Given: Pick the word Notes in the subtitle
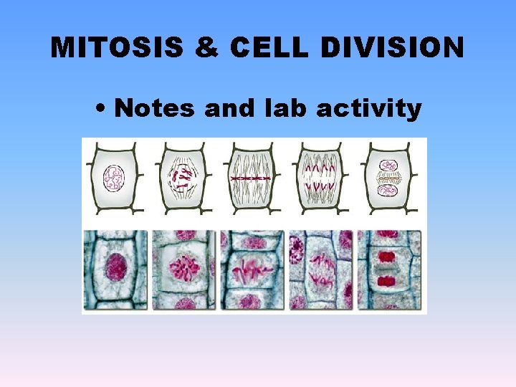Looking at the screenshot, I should pyautogui.click(x=156, y=108).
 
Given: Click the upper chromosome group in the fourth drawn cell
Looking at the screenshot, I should pyautogui.click(x=320, y=167).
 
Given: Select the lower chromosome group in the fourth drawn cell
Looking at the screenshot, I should pyautogui.click(x=320, y=188).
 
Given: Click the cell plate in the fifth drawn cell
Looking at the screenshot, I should pyautogui.click(x=388, y=177).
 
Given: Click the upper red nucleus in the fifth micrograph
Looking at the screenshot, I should pyautogui.click(x=387, y=256).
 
